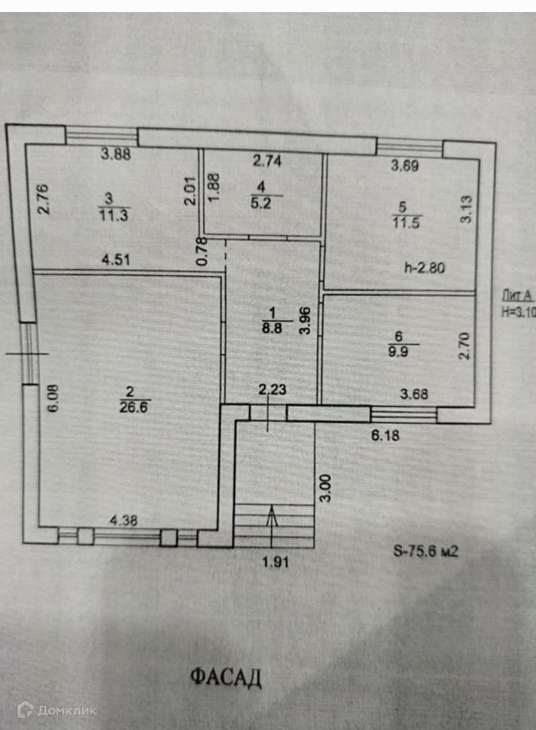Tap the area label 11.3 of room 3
[x=109, y=214]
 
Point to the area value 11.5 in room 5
[x=401, y=219]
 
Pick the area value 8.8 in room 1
[x=267, y=328]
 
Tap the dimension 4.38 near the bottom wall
[x=125, y=519]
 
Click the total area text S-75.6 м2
[x=425, y=551]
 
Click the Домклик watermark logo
[x=57, y=709]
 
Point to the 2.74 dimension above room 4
[x=266, y=160]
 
